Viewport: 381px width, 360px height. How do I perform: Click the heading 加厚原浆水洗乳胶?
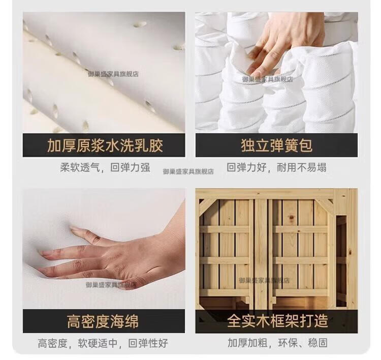(x=105, y=146)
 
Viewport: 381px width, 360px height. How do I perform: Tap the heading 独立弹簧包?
(x=276, y=145)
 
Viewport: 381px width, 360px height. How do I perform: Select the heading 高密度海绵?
(x=103, y=321)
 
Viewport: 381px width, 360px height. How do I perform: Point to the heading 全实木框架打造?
(x=277, y=321)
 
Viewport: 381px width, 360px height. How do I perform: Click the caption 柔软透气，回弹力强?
(x=105, y=168)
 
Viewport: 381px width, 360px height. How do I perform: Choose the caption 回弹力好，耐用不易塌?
(x=276, y=167)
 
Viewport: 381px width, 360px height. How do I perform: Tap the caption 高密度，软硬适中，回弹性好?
(x=103, y=343)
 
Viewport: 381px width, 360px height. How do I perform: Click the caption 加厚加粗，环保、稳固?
(x=277, y=343)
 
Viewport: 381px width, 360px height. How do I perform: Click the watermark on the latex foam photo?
(x=113, y=74)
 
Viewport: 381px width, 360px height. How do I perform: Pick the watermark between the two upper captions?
(x=188, y=171)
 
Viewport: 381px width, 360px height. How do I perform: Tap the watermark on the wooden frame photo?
(x=264, y=281)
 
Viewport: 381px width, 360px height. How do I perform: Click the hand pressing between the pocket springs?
(x=282, y=41)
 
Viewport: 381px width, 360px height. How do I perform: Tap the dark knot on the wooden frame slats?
(x=290, y=218)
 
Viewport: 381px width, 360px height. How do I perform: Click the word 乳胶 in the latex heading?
(x=148, y=146)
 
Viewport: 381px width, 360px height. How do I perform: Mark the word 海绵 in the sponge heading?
(x=124, y=321)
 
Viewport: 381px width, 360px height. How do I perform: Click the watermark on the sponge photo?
(x=111, y=285)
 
